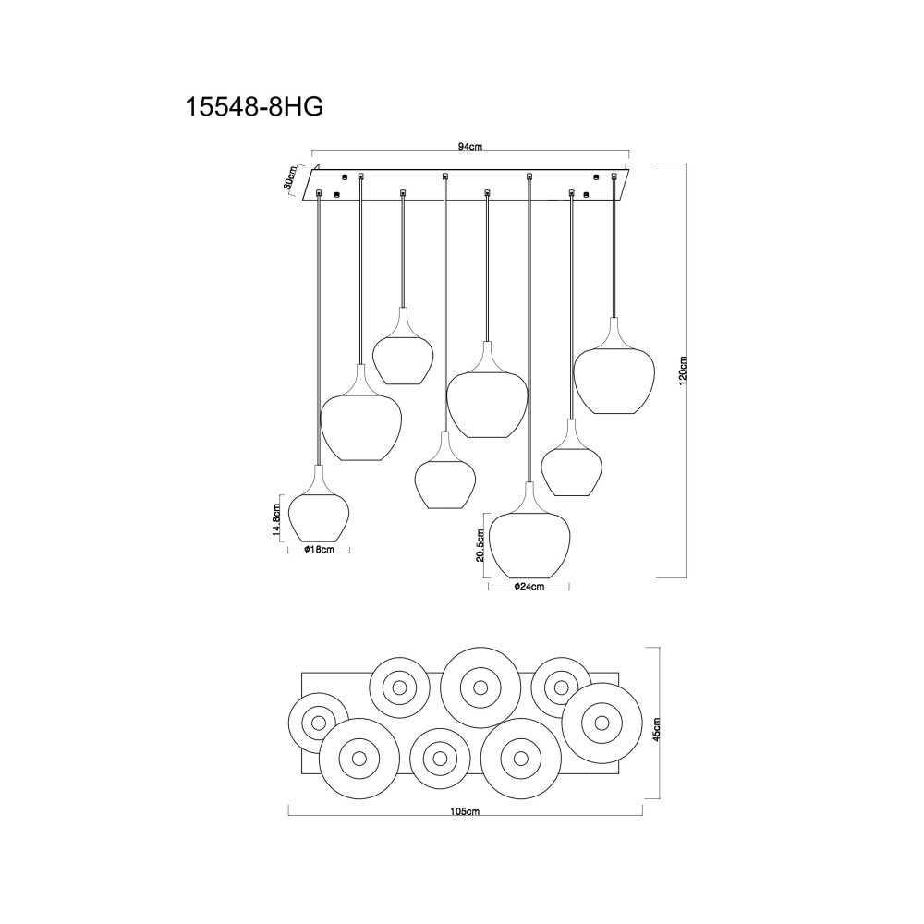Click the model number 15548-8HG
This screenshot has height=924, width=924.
[254, 107]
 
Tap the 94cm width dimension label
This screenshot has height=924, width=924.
[470, 147]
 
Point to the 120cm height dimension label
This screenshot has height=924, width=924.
[683, 371]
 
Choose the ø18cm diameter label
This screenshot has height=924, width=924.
[319, 550]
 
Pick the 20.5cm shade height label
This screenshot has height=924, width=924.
[480, 545]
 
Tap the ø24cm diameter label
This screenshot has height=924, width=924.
[529, 587]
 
